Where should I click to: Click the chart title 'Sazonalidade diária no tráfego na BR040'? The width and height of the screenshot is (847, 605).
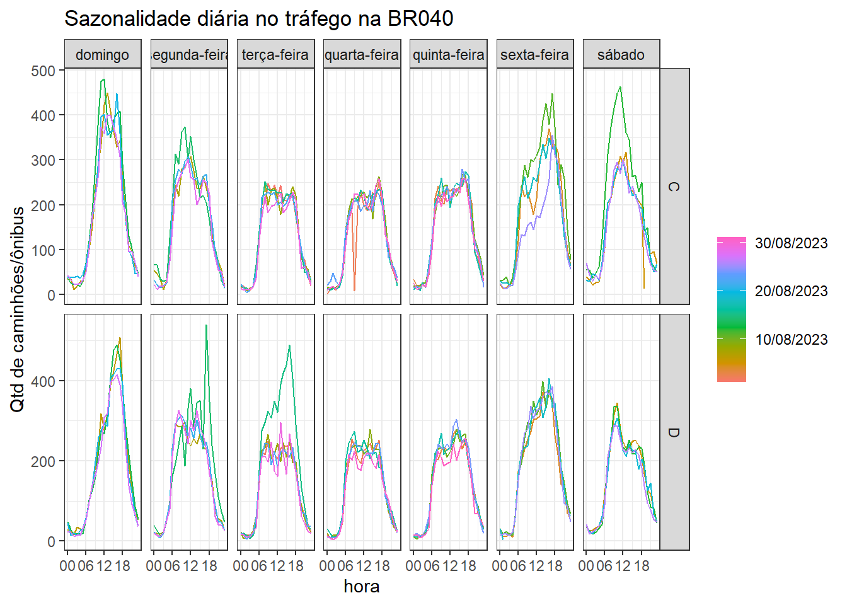258,19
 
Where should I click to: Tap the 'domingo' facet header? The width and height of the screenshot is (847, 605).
102,55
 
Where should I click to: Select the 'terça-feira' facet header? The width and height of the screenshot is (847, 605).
275,55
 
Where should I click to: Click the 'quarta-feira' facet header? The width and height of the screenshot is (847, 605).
362,55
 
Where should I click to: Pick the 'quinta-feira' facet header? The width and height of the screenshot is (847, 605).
448,55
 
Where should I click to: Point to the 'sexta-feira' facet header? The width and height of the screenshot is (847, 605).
534,55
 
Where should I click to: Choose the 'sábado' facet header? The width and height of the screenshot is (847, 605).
621,55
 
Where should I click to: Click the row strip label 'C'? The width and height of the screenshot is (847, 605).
674,187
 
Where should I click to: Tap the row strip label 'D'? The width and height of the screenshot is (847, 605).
674,432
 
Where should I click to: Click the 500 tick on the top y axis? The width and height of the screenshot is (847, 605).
43,71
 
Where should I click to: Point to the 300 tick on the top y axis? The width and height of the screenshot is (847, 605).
43,160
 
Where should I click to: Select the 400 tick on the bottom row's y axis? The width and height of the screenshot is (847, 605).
43,381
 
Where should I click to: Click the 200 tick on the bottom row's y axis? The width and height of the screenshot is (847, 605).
43,461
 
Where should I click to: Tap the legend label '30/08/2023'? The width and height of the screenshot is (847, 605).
791,243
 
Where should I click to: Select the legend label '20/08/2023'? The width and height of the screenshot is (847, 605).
791,291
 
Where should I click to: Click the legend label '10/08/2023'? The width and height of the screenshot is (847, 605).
791,340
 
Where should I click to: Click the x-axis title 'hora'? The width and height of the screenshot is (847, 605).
361,587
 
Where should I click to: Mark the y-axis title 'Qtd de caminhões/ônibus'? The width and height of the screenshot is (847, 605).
18,309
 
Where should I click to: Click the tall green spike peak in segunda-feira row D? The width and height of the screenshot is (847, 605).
206,326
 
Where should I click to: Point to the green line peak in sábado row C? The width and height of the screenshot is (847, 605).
621,87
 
